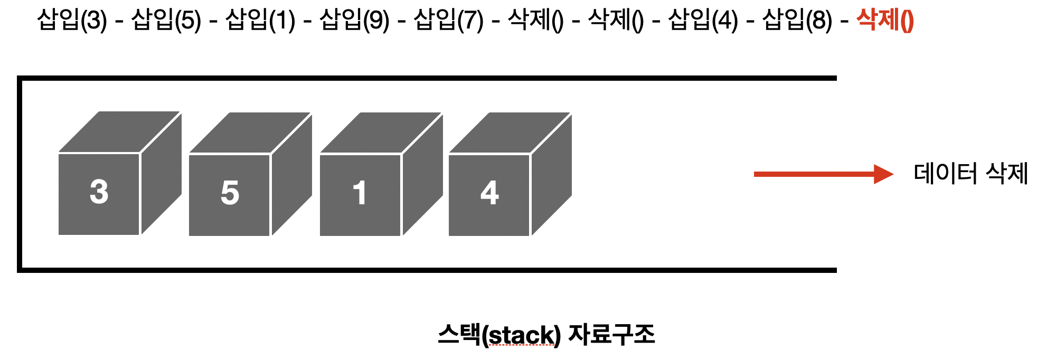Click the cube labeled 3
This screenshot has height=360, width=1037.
[x=119, y=174]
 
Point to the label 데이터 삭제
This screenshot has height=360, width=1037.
[x=970, y=174]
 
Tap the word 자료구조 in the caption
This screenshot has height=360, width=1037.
[x=611, y=335]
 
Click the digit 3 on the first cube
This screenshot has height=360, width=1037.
[x=99, y=192]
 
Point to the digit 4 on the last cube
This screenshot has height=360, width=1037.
[x=489, y=193]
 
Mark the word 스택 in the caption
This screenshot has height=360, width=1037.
[x=458, y=335]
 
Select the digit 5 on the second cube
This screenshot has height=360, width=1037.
[x=230, y=193]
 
